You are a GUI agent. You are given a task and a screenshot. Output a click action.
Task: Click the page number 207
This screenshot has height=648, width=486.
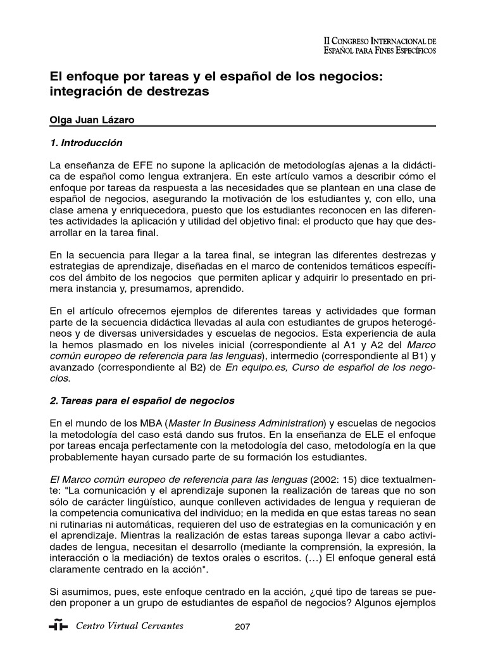(242, 627)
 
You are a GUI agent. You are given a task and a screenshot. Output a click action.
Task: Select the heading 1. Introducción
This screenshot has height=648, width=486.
(86, 144)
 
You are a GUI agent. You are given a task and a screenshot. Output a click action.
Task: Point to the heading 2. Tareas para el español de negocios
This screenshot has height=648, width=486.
(142, 401)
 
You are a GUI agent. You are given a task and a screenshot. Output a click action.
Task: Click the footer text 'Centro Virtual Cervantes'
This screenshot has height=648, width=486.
(129, 626)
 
